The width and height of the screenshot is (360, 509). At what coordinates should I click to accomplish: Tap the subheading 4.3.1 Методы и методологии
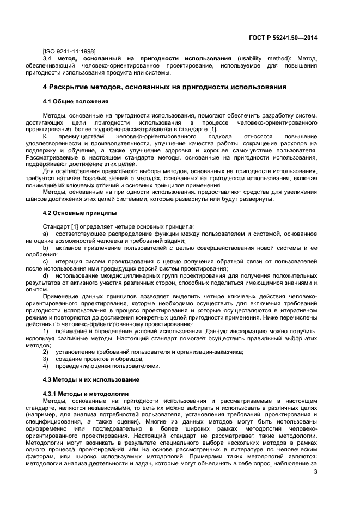[86, 393]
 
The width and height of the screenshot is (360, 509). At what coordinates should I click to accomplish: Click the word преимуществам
[81, 136]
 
